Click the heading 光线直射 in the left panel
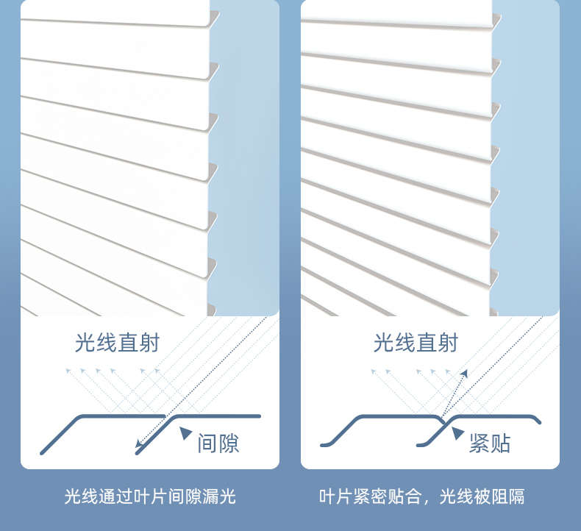click(x=117, y=343)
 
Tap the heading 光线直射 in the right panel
click(x=416, y=343)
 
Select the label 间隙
click(x=218, y=443)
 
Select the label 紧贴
click(x=490, y=443)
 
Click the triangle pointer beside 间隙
click(x=186, y=434)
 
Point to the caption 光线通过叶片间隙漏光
click(x=150, y=496)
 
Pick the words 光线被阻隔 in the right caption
click(x=482, y=496)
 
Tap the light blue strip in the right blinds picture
click(x=526, y=147)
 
